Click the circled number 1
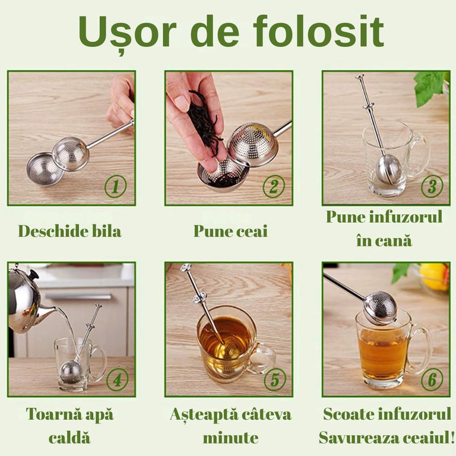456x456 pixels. [115, 186]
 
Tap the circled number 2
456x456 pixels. [274, 186]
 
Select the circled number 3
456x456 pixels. [432, 186]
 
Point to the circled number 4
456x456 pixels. [117, 379]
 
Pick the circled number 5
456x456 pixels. [275, 379]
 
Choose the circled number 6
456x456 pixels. [432, 379]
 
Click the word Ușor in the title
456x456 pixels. [128, 33]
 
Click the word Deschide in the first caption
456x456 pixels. [52, 232]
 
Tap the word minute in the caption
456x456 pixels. [230, 438]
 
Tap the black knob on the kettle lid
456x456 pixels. [33, 274]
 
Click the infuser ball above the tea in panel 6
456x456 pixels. [379, 309]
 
